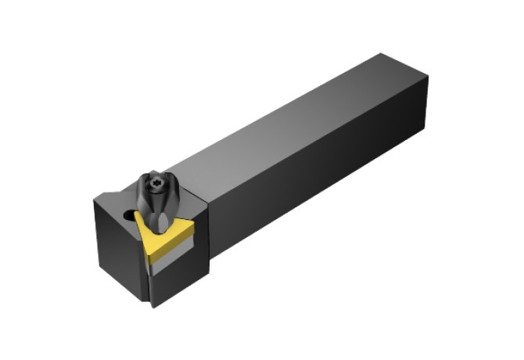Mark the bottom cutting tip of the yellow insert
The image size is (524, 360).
pyautogui.click(x=149, y=258)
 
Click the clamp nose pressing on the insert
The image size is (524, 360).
pyautogui.click(x=160, y=223)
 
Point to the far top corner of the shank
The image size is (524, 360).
pyautogui.click(x=382, y=55)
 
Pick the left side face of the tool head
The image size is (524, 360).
pyautogui.click(x=117, y=243)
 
